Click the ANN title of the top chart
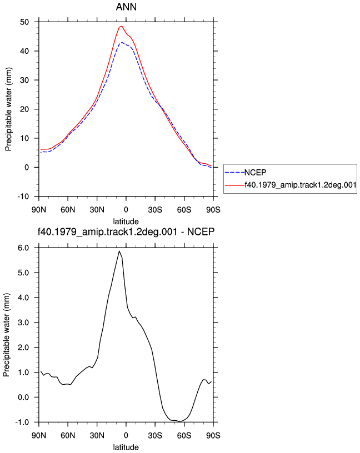pyautogui.click(x=126, y=7)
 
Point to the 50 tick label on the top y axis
pyautogui.click(x=24, y=22)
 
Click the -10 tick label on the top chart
pyautogui.click(x=23, y=197)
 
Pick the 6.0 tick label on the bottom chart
pyautogui.click(x=23, y=248)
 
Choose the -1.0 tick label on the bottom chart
pyautogui.click(x=22, y=422)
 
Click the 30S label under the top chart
pyautogui.click(x=155, y=210)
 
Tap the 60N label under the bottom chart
pyautogui.click(x=68, y=435)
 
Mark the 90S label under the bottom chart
pyautogui.click(x=213, y=435)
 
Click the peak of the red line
pyautogui.click(x=122, y=26)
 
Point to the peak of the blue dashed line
pyautogui.click(x=122, y=42)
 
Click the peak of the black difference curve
pyautogui.click(x=119, y=251)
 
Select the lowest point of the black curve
pyautogui.click(x=180, y=421)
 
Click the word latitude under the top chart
pyautogui.click(x=126, y=222)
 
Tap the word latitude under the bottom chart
pyautogui.click(x=126, y=447)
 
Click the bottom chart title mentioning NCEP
pyautogui.click(x=126, y=231)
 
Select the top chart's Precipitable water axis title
pyautogui.click(x=8, y=109)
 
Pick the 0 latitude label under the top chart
pyautogui.click(x=126, y=210)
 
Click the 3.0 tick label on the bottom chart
pyautogui.click(x=23, y=323)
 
